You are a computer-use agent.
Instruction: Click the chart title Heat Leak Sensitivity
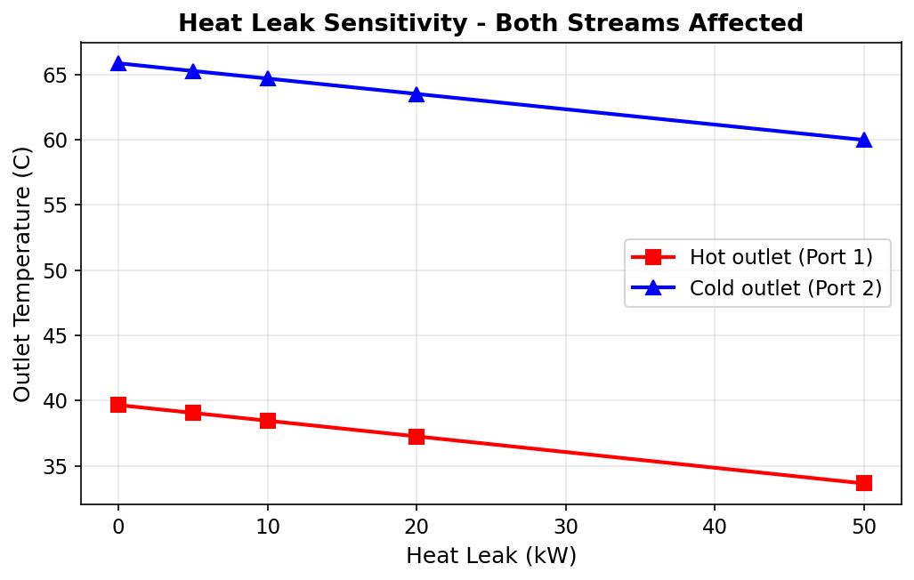490,23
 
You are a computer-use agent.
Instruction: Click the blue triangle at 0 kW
118,63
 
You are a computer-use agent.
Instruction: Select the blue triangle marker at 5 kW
193,70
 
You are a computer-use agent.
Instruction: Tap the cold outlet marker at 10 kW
268,78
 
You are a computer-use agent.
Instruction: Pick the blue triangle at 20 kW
417,93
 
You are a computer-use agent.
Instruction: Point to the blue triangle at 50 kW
863,140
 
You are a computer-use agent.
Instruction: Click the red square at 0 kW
118,405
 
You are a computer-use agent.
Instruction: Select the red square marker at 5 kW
193,413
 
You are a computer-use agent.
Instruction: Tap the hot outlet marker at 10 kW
268,421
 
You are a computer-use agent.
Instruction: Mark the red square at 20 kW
417,436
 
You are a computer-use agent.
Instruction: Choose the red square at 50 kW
863,483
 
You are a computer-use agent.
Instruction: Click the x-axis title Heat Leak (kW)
490,556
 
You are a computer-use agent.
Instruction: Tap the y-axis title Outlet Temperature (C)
22,273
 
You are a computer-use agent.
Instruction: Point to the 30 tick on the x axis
565,527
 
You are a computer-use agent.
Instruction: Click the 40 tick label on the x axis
715,527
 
